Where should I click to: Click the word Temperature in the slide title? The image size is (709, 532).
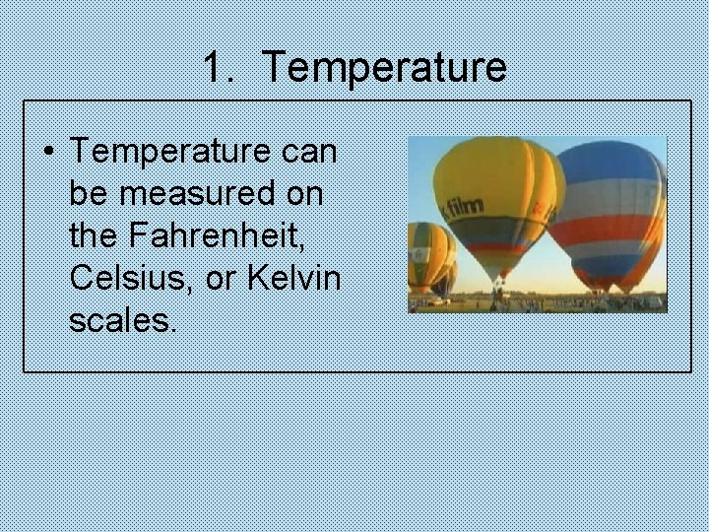385,67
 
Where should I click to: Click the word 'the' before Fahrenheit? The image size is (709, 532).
95,235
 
